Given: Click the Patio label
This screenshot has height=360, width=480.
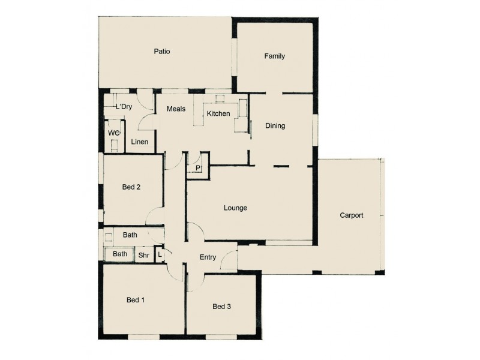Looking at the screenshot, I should pyautogui.click(x=161, y=52).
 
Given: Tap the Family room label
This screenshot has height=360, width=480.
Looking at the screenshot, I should pyautogui.click(x=274, y=56).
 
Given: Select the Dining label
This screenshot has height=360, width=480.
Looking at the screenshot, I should pyautogui.click(x=275, y=126).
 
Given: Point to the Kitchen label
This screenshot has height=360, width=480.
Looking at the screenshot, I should pyautogui.click(x=218, y=113).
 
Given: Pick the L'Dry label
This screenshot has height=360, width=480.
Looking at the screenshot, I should pyautogui.click(x=123, y=107).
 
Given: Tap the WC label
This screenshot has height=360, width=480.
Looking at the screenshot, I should pyautogui.click(x=113, y=133).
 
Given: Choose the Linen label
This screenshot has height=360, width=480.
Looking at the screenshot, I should pyautogui.click(x=139, y=142).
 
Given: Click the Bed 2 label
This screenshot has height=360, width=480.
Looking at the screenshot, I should pyautogui.click(x=131, y=187).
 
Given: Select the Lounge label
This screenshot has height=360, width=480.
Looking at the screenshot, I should pyautogui.click(x=235, y=208).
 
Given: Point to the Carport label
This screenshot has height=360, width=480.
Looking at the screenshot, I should pyautogui.click(x=351, y=215).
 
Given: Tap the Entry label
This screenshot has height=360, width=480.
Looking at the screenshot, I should pyautogui.click(x=208, y=257).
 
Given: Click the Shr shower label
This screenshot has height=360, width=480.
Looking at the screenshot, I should pyautogui.click(x=144, y=254).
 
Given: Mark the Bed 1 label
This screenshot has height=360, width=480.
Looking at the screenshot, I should pyautogui.click(x=135, y=299).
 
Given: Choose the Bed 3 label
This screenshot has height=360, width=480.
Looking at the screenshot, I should pyautogui.click(x=221, y=307).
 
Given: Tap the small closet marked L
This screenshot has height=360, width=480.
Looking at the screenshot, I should pyautogui.click(x=160, y=254).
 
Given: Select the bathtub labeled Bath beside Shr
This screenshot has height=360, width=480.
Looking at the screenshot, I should pyautogui.click(x=120, y=254).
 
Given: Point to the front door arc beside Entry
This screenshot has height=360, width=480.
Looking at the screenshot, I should pyautogui.click(x=228, y=259).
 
